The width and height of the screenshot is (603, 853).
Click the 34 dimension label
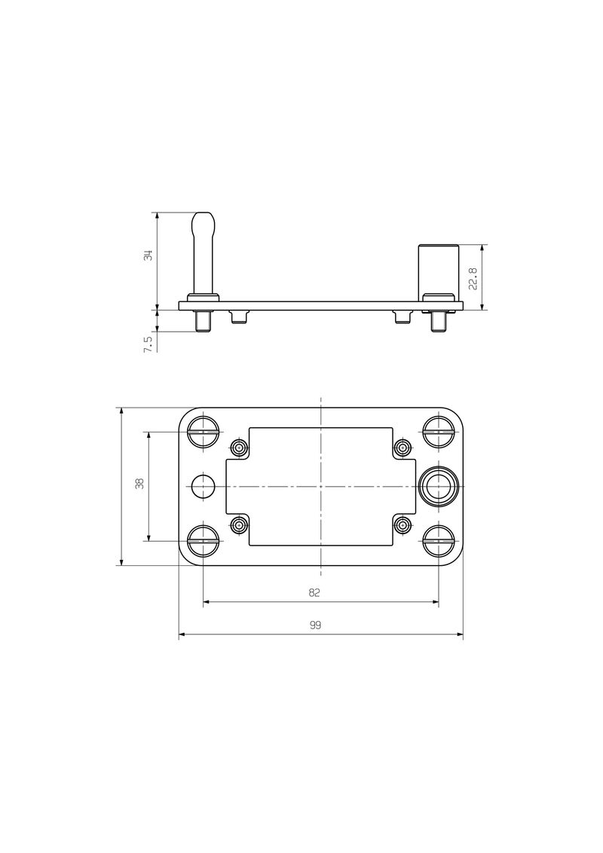tap(149, 256)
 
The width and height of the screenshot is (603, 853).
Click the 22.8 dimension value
tap(472, 278)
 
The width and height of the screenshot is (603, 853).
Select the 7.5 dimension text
tap(148, 343)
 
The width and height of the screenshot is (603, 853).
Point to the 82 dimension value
tap(315, 593)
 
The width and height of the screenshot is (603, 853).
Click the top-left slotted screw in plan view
tap(204, 432)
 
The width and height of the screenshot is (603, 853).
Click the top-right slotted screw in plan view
tap(438, 432)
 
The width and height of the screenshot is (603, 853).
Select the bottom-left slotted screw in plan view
tap(204, 540)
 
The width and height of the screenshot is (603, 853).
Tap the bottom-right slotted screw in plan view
tap(438, 540)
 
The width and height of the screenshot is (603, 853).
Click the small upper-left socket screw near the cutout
tap(239, 448)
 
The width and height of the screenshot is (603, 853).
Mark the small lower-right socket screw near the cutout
tap(403, 524)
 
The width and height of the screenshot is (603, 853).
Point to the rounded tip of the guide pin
tap(204, 222)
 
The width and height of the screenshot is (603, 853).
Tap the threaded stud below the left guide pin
tap(204, 322)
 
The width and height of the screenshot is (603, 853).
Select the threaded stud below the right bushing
tap(439, 322)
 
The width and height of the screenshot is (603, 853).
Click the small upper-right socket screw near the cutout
tap(403, 448)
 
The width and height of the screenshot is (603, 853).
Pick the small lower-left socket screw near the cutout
tap(239, 524)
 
